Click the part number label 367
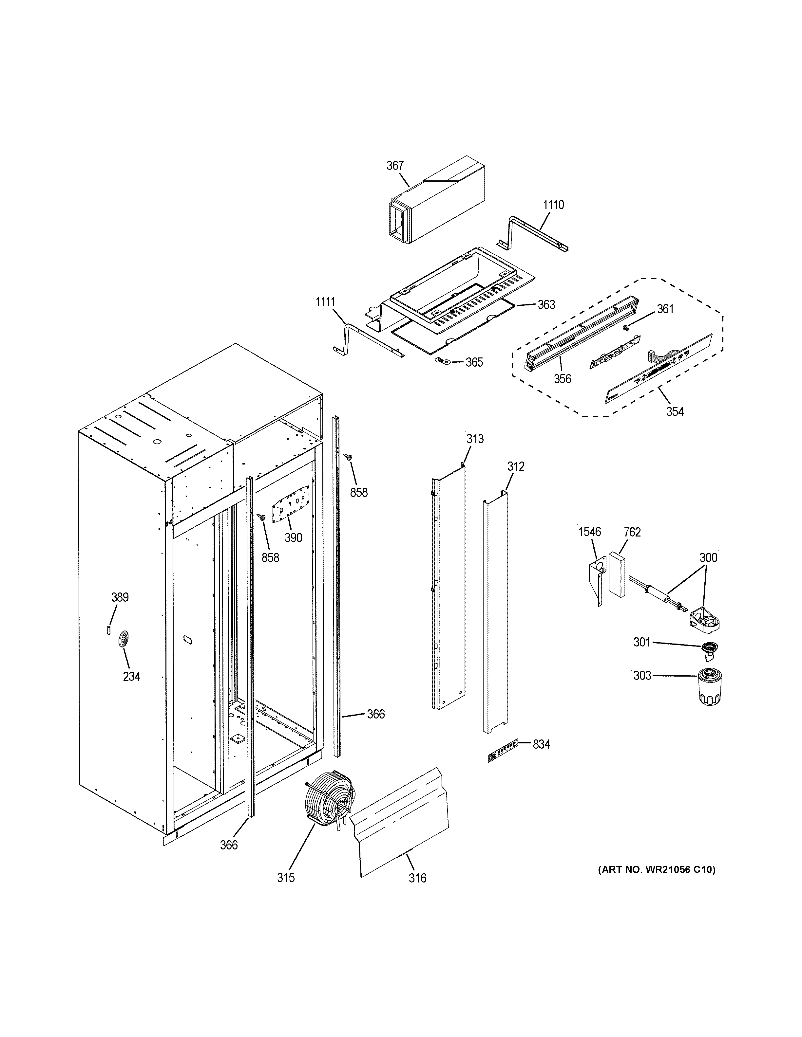click(394, 165)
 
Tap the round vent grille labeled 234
click(123, 640)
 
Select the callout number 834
click(541, 744)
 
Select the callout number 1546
click(589, 532)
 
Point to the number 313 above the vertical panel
click(475, 439)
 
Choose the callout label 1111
click(325, 302)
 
